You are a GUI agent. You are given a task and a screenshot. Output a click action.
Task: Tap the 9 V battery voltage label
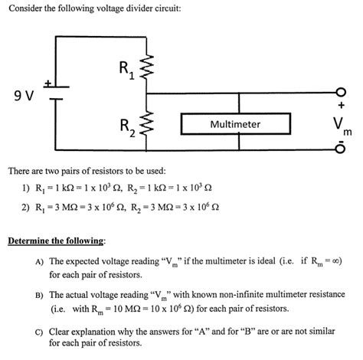(23, 97)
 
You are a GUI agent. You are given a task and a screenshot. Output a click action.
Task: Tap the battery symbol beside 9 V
(54, 90)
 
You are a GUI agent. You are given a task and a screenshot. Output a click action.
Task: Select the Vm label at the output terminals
(339, 127)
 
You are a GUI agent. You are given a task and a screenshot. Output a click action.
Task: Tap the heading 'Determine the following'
(56, 241)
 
